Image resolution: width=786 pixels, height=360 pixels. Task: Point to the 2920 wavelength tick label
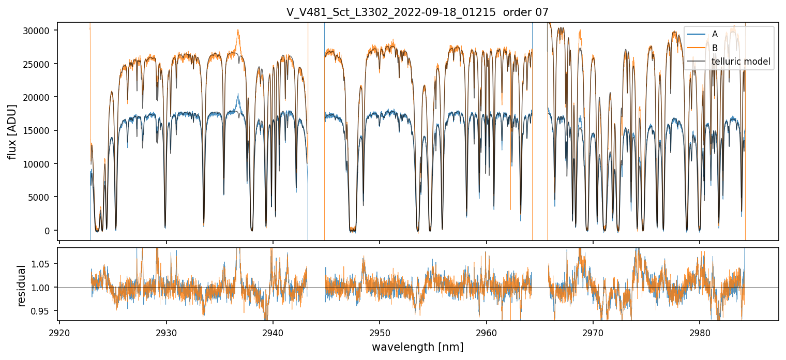pos(59,332)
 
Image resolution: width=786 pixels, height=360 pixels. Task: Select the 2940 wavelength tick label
pos(273,332)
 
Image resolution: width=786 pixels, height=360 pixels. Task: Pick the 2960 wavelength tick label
pos(487,332)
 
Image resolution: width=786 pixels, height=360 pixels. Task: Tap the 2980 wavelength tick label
pos(700,332)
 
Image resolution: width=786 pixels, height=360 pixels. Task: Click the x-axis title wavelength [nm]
pos(417,347)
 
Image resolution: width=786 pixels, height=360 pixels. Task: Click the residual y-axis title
pos(22,286)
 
